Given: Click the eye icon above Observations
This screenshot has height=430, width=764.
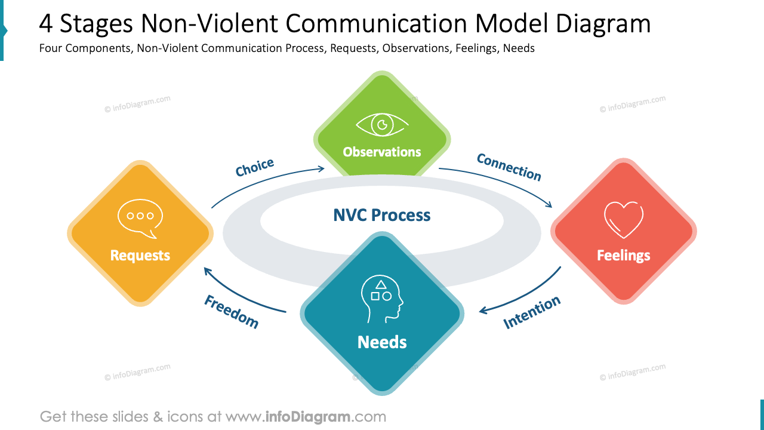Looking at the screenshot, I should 382,125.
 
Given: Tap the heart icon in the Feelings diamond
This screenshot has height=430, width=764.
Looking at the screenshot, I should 623,220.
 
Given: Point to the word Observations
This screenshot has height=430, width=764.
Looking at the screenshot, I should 382,152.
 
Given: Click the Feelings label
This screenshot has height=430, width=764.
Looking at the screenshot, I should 623,256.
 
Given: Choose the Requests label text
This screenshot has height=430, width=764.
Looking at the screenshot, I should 140,256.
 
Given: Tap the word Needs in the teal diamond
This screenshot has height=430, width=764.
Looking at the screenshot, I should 382,342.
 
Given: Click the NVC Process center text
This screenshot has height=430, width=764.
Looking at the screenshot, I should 382,215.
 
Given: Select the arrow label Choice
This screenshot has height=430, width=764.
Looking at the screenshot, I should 255,168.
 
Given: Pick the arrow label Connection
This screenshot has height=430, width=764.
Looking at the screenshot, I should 509,167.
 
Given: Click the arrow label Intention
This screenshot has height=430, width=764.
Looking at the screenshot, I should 532,312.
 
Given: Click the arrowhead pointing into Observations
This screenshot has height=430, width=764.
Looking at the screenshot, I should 322,169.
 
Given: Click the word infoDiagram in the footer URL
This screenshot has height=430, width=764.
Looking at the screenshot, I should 307,416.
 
